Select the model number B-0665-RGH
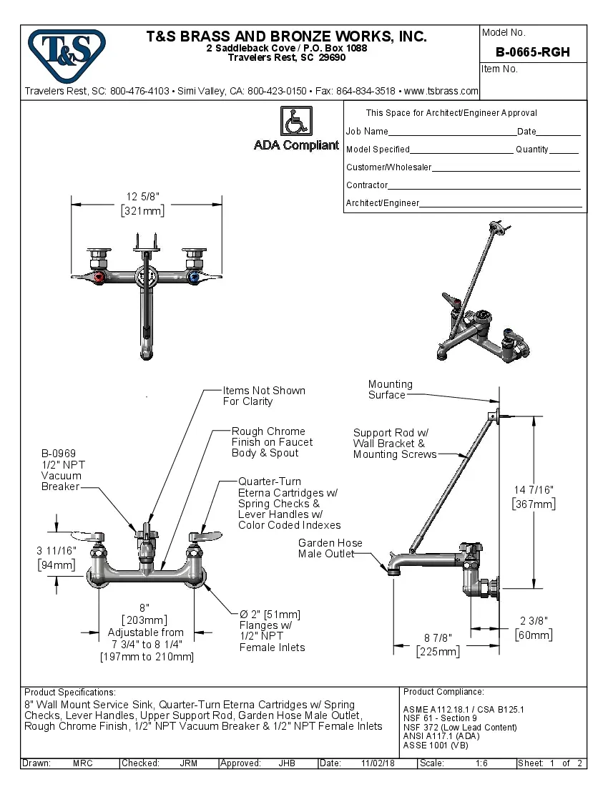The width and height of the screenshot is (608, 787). tap(532, 52)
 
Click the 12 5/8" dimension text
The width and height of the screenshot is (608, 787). tap(142, 197)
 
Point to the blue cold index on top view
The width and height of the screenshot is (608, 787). tap(192, 275)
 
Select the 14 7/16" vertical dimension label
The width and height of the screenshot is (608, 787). tap(534, 489)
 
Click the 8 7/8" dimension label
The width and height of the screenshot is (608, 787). tap(437, 637)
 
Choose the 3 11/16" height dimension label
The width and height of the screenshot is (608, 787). tap(56, 551)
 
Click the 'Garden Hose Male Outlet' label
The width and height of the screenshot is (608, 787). tap(330, 548)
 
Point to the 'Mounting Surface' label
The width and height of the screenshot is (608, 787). tap(390, 389)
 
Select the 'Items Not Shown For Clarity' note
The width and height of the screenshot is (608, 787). tap(264, 396)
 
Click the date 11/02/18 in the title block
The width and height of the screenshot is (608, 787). tap(378, 763)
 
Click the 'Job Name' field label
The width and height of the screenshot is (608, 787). tap(367, 132)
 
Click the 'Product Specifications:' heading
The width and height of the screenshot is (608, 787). tap(69, 693)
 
